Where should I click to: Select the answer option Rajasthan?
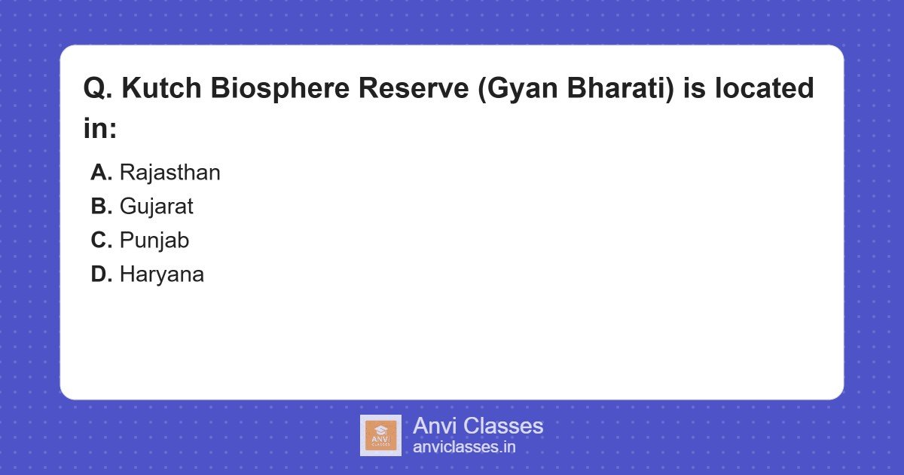[x=169, y=173]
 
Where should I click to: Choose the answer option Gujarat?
[x=156, y=207]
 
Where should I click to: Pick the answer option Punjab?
[x=154, y=241]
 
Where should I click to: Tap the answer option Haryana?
[x=161, y=274]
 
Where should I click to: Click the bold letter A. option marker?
[x=101, y=173]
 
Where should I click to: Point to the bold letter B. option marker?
[x=101, y=207]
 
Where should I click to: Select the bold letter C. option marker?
[x=101, y=241]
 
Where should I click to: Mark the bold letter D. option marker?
[x=101, y=274]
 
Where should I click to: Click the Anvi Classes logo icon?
[x=380, y=435]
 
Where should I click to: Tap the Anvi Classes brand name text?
[x=478, y=426]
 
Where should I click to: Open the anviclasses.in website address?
[x=464, y=447]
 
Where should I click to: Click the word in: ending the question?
[x=100, y=128]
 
